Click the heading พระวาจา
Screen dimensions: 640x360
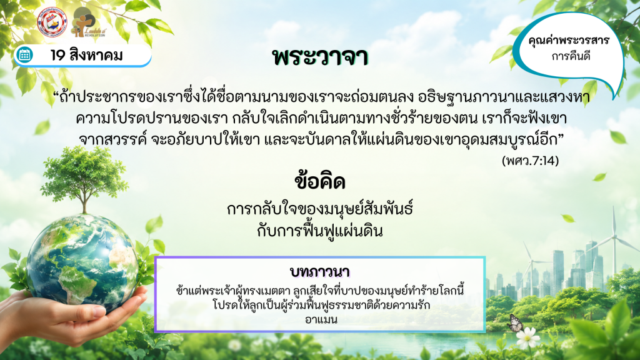(321, 57)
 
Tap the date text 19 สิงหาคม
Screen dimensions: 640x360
(86, 55)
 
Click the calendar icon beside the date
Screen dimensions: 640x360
(24, 55)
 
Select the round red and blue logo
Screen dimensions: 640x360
(52, 22)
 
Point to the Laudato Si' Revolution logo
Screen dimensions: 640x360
(87, 22)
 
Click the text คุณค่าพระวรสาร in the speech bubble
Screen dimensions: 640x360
(568, 41)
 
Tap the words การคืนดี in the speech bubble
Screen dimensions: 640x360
(571, 56)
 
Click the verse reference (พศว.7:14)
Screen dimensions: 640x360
(530, 161)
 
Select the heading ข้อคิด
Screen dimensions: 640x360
(320, 182)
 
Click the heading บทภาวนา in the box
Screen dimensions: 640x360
(320, 272)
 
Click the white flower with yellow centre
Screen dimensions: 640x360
(528, 338)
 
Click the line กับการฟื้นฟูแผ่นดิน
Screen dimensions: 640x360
(320, 231)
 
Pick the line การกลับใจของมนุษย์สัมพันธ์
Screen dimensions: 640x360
(320, 209)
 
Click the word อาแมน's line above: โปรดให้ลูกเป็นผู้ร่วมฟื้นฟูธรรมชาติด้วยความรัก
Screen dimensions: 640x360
(321, 305)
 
